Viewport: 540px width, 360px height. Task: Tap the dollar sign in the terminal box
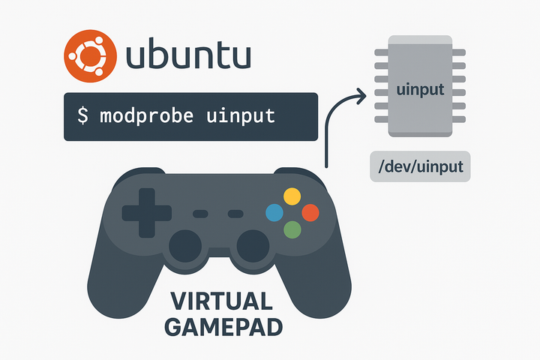click(84, 116)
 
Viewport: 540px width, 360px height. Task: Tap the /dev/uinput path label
click(420, 166)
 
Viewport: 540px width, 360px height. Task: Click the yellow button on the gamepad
click(292, 196)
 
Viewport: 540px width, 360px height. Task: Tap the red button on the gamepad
click(310, 213)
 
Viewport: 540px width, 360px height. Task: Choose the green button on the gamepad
click(292, 230)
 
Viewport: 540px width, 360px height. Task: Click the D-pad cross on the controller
click(145, 213)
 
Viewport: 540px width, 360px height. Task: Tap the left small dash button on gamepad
click(200, 214)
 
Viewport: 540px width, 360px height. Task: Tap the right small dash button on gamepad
click(235, 214)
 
